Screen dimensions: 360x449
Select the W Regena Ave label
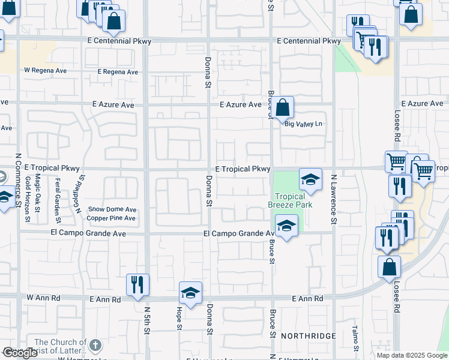pos(45,70)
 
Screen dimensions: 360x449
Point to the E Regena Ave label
pos(118,72)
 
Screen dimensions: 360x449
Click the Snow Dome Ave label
pos(112,209)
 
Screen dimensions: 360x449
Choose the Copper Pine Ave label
pos(111,218)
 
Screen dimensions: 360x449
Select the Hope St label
pos(179,318)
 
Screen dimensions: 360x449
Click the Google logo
pos(20,353)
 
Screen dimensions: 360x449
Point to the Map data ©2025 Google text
pos(411,355)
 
